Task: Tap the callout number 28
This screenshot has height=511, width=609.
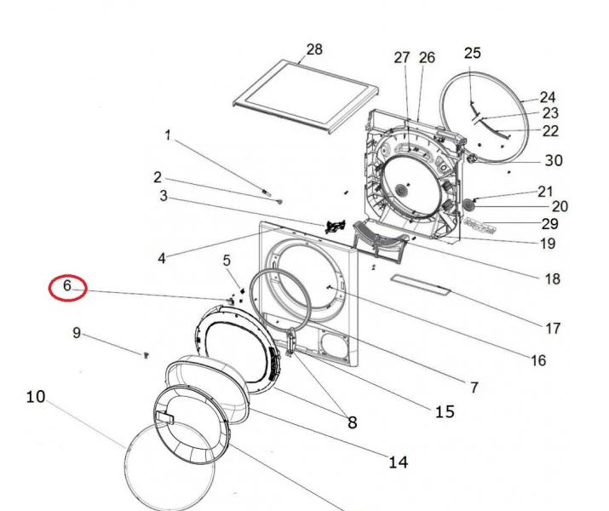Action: click(314, 49)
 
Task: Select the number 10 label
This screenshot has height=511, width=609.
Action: click(36, 396)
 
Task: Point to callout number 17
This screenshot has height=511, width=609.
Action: click(553, 328)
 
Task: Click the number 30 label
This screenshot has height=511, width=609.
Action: click(554, 161)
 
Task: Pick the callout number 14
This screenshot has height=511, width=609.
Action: click(398, 462)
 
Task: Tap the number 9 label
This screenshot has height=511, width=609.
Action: click(77, 333)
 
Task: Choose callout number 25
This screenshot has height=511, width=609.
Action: click(473, 54)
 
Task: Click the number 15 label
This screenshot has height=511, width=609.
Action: click(445, 412)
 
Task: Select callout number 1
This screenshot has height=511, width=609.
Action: click(168, 135)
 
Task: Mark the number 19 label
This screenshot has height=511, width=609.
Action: click(547, 244)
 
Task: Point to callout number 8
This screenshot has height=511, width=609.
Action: click(350, 422)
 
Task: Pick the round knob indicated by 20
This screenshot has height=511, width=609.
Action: click(469, 204)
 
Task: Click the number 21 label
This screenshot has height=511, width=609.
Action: click(545, 191)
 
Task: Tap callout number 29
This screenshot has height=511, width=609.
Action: click(550, 224)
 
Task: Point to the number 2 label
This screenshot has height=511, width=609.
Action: click(158, 177)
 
